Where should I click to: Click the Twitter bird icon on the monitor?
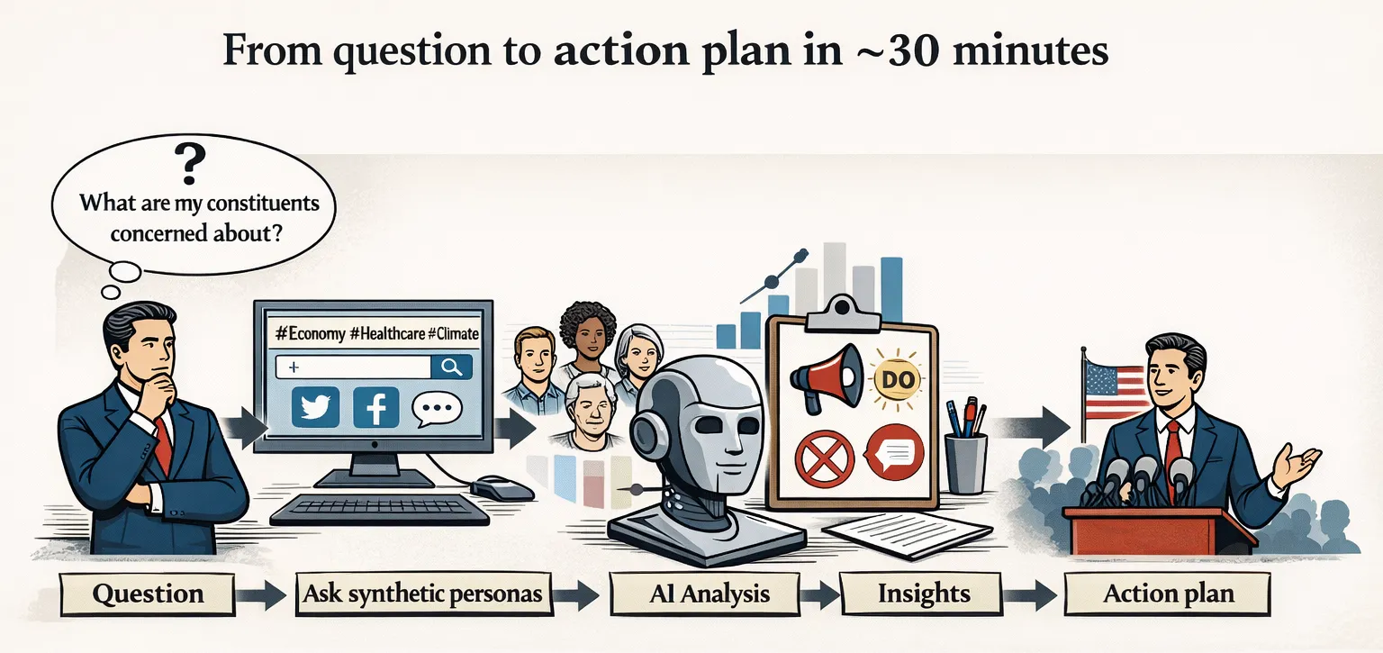coord(315,407)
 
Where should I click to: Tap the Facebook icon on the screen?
coord(376,407)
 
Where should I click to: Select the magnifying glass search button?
coord(451,367)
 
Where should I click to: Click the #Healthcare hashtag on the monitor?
coord(387,333)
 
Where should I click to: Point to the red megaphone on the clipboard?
coord(826,376)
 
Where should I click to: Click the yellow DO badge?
coord(897,379)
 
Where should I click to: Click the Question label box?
coord(148,594)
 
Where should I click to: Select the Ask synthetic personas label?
coord(423,594)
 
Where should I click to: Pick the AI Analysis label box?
coord(704,594)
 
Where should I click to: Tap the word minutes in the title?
coord(1030,50)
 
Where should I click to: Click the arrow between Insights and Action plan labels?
coord(1029,595)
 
